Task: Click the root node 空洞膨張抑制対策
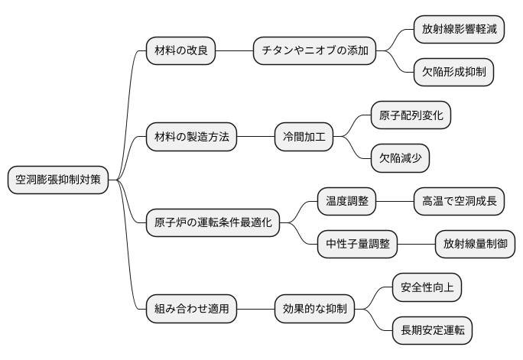click(58, 180)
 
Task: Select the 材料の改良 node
click(180, 51)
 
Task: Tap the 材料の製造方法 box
click(191, 138)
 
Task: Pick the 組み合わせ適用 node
click(191, 309)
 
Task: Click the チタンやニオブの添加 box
click(315, 51)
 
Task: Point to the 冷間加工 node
click(304, 138)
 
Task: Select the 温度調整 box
click(347, 202)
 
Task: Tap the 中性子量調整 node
click(358, 245)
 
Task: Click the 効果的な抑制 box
click(315, 309)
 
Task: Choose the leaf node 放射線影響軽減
click(459, 30)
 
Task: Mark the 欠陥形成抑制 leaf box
click(453, 73)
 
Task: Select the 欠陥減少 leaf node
click(400, 159)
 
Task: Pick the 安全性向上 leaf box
click(427, 287)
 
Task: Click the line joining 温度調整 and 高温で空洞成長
click(395, 202)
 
